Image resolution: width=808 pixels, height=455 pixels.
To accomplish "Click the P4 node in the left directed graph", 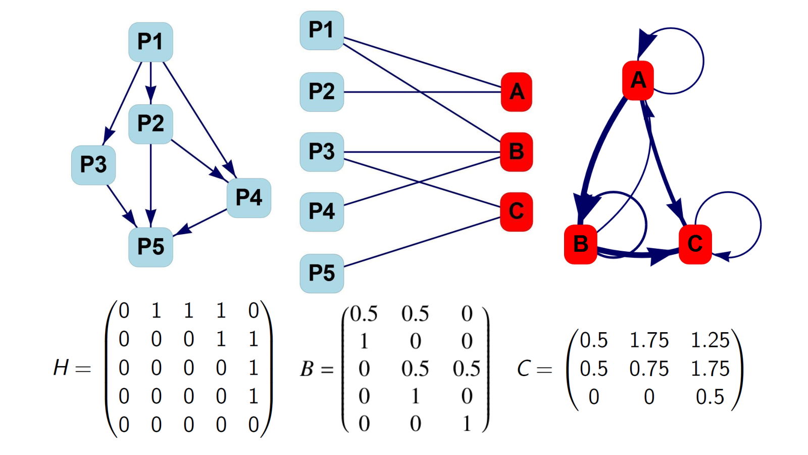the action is pyautogui.click(x=249, y=198).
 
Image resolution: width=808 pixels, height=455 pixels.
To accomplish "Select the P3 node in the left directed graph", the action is pyautogui.click(x=93, y=165).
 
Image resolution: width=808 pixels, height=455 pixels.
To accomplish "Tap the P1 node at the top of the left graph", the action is pyautogui.click(x=151, y=42).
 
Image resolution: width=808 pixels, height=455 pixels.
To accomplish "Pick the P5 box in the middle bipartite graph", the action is pyautogui.click(x=322, y=274).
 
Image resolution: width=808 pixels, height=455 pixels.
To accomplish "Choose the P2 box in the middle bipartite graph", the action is pyautogui.click(x=322, y=92).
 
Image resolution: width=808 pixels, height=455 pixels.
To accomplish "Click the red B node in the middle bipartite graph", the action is pyautogui.click(x=517, y=152).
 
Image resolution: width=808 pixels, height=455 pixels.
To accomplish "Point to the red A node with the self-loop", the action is pyautogui.click(x=638, y=80).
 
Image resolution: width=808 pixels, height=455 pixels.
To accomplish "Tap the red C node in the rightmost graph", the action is pyautogui.click(x=695, y=244).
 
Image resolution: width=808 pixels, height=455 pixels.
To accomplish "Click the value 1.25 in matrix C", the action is pyautogui.click(x=710, y=340).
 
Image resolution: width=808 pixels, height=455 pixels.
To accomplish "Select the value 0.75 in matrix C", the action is pyautogui.click(x=649, y=369).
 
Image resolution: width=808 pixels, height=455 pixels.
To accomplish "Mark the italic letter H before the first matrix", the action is pyautogui.click(x=61, y=368).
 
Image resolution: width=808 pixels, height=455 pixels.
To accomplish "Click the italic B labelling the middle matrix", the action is pyautogui.click(x=307, y=370).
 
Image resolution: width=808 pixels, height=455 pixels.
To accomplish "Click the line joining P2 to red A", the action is pyautogui.click(x=422, y=92).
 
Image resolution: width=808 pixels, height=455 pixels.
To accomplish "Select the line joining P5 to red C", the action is pyautogui.click(x=422, y=242).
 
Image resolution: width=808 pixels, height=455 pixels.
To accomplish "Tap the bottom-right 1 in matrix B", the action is pyautogui.click(x=467, y=424).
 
